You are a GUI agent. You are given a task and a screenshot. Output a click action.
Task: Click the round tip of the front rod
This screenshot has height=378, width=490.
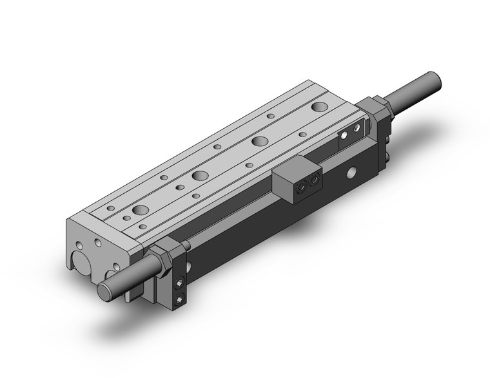click(104, 291)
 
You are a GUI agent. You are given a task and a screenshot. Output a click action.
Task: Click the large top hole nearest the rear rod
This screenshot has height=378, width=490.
click(320, 106)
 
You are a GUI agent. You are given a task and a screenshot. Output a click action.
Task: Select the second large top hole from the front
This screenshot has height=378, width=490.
click(199, 175)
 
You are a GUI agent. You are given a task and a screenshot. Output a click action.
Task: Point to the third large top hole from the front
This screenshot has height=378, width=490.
click(260, 141)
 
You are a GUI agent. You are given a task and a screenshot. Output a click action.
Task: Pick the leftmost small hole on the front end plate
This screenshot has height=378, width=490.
click(78, 246)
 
